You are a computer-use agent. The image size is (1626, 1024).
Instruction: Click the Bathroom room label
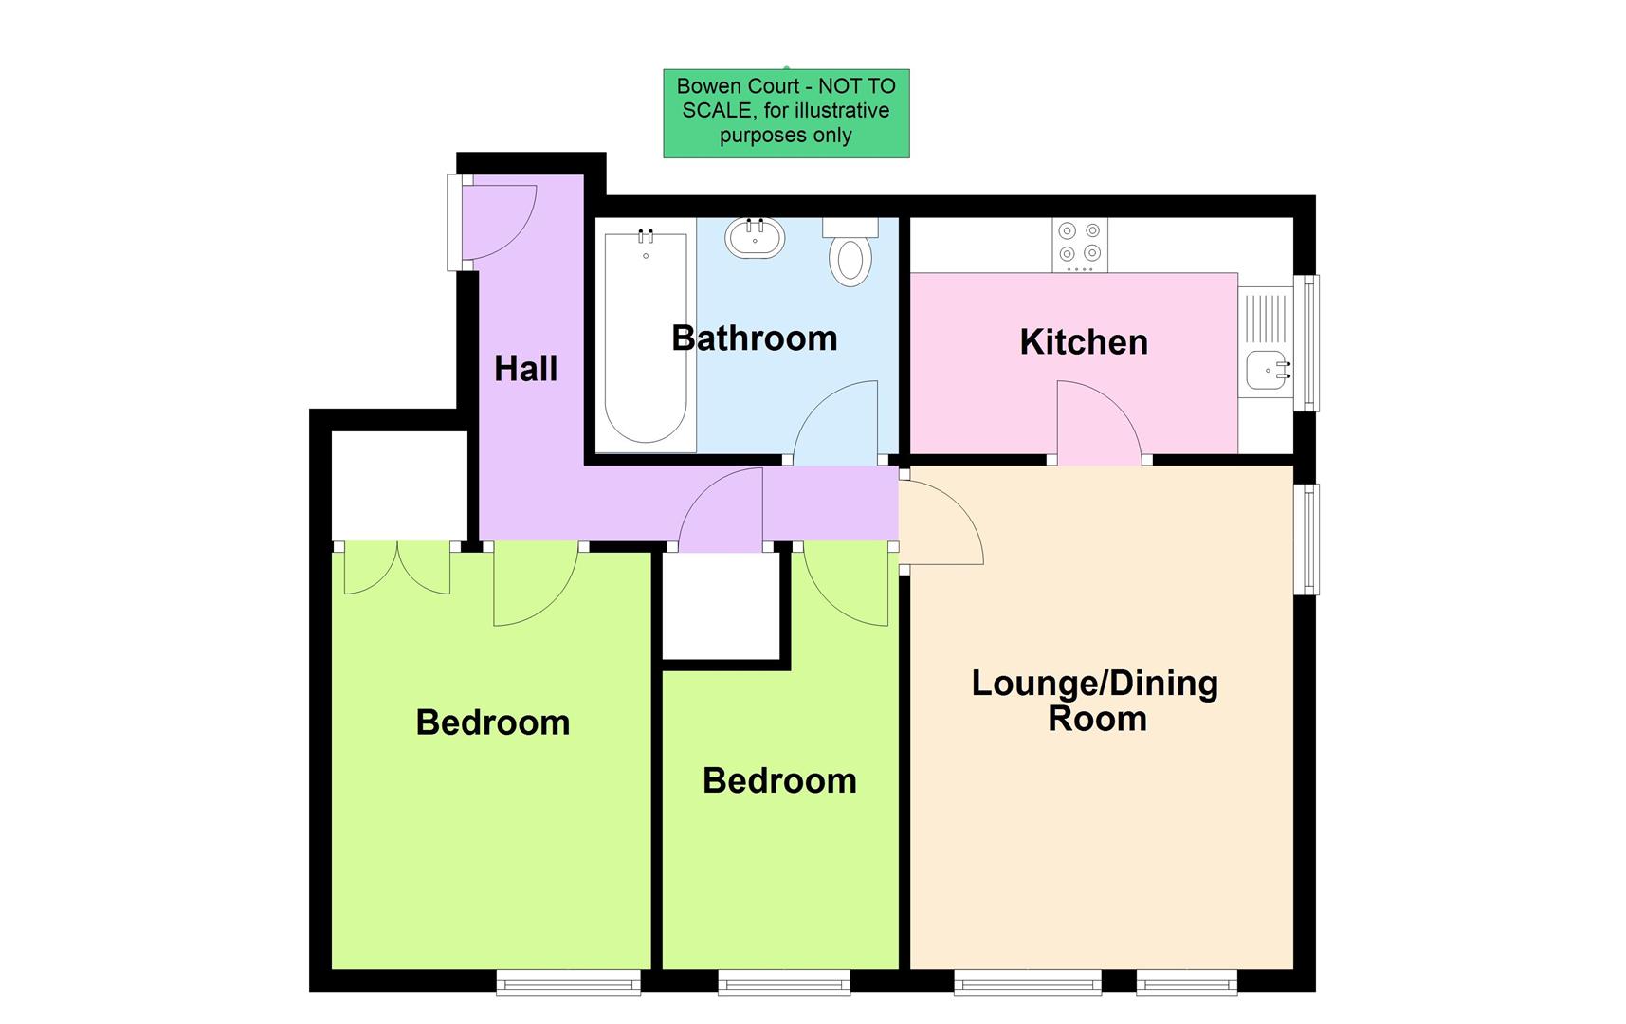754,338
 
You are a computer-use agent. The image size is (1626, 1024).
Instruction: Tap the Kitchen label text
1084,342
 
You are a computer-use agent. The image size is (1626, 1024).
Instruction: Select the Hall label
525,369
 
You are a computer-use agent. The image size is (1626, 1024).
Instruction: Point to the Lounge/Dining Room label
1095,701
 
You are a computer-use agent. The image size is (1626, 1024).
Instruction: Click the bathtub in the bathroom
646,338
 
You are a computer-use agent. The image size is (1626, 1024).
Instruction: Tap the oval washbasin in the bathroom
755,238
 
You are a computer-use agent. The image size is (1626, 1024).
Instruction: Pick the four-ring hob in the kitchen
1080,244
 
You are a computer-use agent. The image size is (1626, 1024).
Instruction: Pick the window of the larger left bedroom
569,982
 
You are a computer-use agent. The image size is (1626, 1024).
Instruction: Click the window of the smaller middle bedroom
784,982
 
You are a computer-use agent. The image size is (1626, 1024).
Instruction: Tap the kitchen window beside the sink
1307,343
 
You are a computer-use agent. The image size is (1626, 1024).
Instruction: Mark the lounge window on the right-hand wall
1307,539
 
